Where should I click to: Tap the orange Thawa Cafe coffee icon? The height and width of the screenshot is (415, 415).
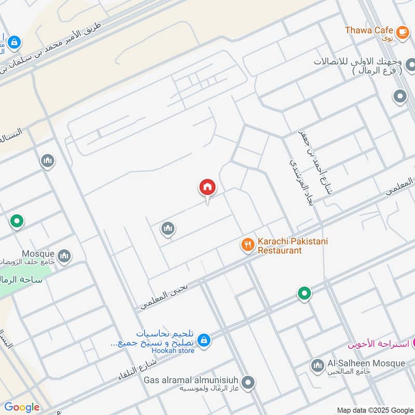tap(402, 32)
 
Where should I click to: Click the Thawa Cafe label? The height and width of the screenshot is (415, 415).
tap(369, 30)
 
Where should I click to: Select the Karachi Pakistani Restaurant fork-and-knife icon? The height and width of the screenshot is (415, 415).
tap(248, 244)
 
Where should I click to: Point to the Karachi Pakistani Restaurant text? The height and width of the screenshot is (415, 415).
tap(293, 245)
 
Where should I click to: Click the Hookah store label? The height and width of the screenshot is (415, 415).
tap(173, 351)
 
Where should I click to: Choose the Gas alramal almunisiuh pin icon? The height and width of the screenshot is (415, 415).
tap(248, 383)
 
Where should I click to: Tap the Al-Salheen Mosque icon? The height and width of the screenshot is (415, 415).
tap(317, 366)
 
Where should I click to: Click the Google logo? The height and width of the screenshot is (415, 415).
tap(22, 407)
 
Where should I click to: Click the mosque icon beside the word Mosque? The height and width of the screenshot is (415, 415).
tap(64, 256)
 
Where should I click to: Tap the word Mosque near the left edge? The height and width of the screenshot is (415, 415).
tap(38, 254)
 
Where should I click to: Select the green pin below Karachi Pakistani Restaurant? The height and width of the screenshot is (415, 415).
tap(305, 294)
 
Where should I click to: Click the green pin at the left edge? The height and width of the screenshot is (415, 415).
tap(17, 222)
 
